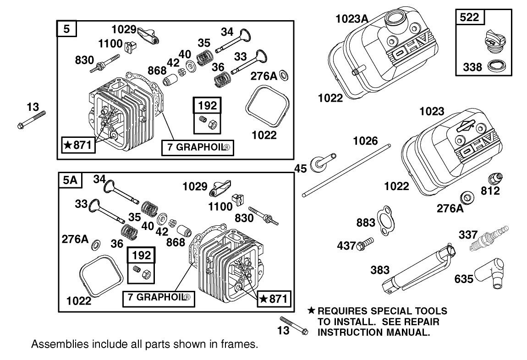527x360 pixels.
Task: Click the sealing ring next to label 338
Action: [495, 65]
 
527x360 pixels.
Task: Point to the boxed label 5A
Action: [71, 181]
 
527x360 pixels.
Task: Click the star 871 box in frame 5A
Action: [273, 299]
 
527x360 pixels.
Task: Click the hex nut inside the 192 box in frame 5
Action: [212, 123]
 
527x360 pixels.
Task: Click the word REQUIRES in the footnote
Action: [342, 311]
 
